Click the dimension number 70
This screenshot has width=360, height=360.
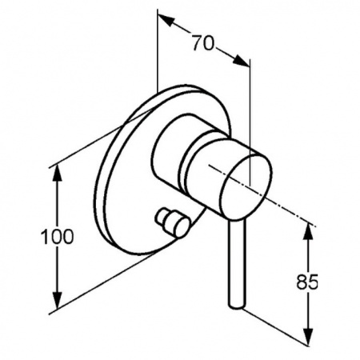(x=203, y=43)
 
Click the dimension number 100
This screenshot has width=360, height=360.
(x=57, y=237)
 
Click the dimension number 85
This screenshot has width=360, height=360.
(x=307, y=282)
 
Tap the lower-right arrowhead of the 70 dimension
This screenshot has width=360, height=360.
(x=241, y=61)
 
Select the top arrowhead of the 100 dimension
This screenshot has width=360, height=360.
(x=57, y=173)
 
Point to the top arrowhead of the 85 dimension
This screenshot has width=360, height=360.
(x=308, y=232)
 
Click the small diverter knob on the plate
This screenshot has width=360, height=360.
(x=173, y=223)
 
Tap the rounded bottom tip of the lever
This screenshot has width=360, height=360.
(x=236, y=306)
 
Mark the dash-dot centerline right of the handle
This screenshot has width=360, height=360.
(x=262, y=195)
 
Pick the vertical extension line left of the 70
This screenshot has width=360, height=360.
(x=158, y=50)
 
